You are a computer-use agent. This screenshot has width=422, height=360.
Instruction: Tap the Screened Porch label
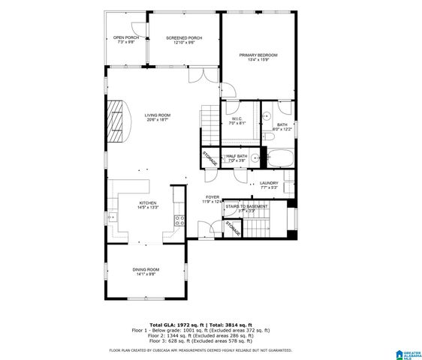click(184, 40)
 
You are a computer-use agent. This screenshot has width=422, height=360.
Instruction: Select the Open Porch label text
click(125, 40)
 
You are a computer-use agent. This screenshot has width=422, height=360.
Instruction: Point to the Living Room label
click(158, 117)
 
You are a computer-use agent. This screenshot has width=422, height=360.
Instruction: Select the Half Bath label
click(237, 157)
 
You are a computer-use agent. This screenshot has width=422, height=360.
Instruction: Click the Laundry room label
click(269, 184)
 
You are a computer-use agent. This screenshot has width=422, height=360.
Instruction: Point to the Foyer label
click(213, 199)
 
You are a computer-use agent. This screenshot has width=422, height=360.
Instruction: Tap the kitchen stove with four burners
click(179, 220)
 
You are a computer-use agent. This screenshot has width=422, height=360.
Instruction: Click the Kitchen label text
click(147, 205)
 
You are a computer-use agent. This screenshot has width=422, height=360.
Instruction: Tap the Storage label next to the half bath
click(209, 158)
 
